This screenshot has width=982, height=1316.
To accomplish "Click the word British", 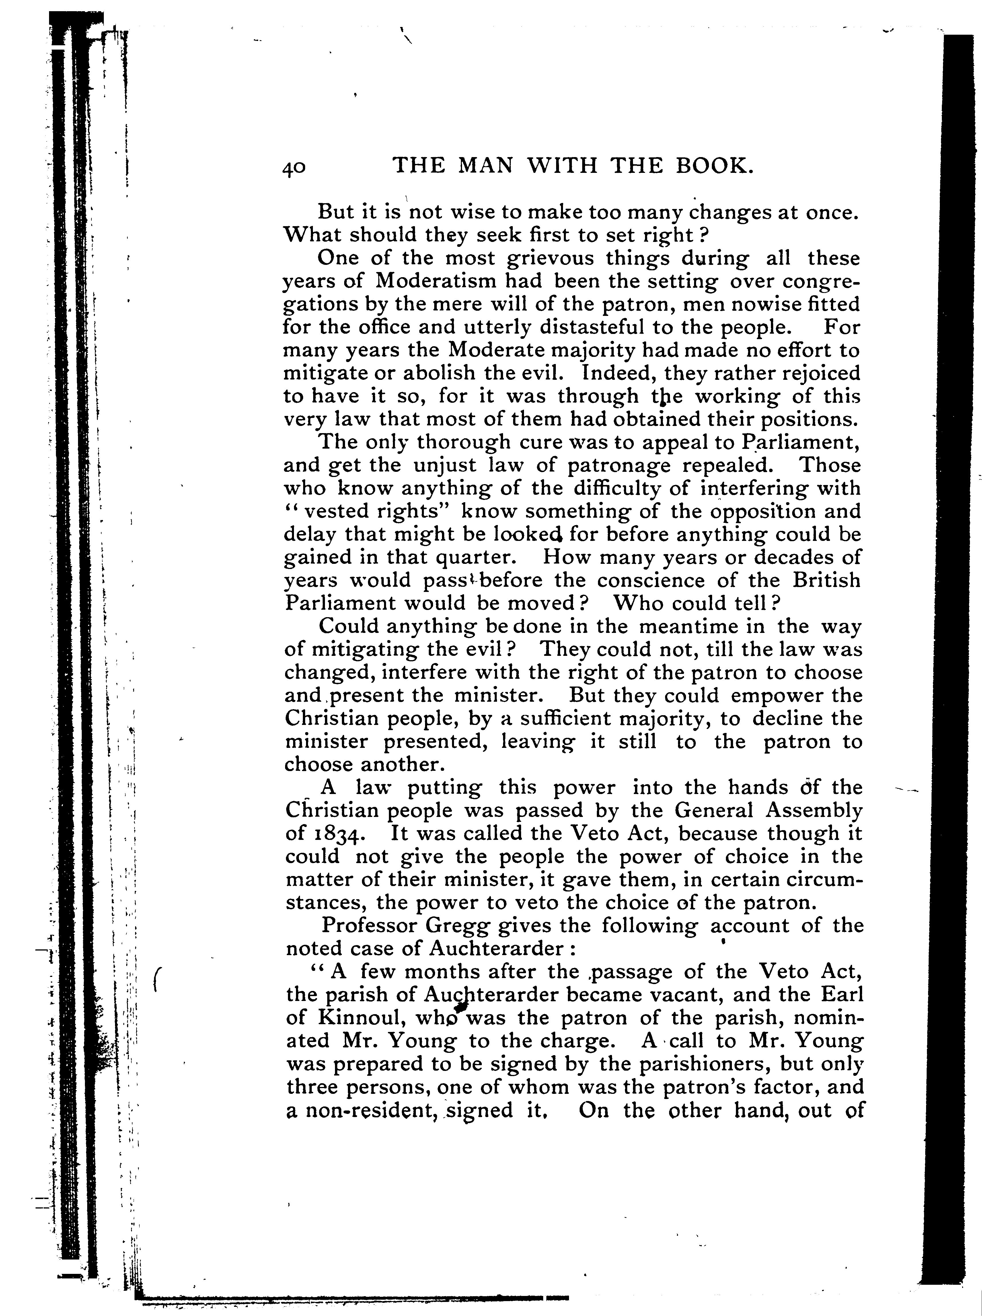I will point(826,580).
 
